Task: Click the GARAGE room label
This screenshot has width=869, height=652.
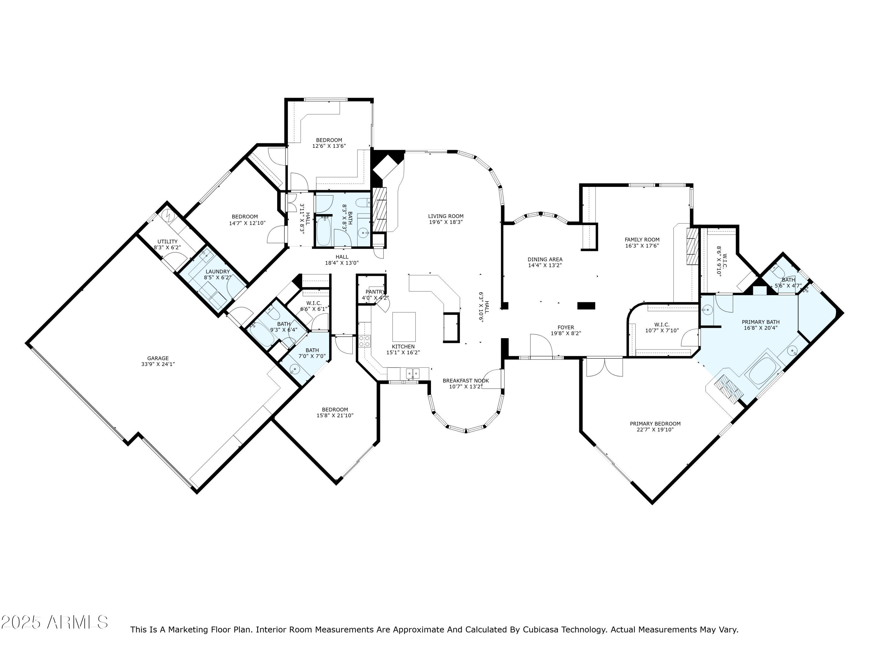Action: coord(158,358)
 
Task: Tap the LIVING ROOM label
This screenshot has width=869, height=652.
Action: coord(446,216)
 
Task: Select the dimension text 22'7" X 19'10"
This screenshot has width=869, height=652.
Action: coord(655,429)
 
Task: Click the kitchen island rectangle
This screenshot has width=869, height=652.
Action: coord(404,327)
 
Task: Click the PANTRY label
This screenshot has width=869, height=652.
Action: coord(375,292)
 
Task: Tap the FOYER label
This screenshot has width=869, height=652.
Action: coord(566,327)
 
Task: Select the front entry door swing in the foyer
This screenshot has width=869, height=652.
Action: coord(541,345)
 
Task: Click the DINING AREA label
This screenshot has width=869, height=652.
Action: coord(545,259)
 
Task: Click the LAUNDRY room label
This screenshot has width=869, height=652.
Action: coord(218,272)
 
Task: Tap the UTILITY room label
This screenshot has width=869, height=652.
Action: coord(167,242)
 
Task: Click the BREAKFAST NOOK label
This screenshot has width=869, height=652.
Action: coord(465,381)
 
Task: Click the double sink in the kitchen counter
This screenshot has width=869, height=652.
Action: coord(412,373)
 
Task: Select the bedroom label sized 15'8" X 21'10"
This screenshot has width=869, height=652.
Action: coord(335,409)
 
